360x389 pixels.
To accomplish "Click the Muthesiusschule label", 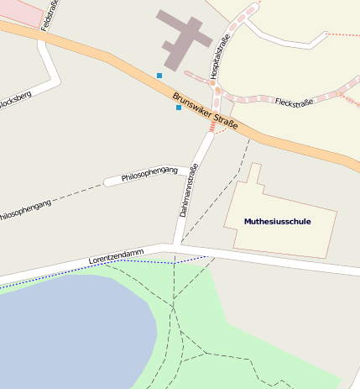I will click(x=277, y=221).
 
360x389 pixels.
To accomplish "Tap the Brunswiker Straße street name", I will click(x=206, y=113).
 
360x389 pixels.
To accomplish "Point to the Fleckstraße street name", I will click(x=294, y=102).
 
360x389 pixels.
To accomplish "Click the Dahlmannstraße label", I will click(x=189, y=191).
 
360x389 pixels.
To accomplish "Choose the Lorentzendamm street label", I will click(x=116, y=256).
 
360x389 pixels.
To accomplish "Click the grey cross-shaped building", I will click(x=181, y=38).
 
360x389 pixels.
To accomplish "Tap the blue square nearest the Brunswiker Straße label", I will click(x=178, y=108).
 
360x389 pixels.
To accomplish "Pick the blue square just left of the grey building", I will click(x=159, y=76).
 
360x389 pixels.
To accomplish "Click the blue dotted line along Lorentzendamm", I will click(x=126, y=261).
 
